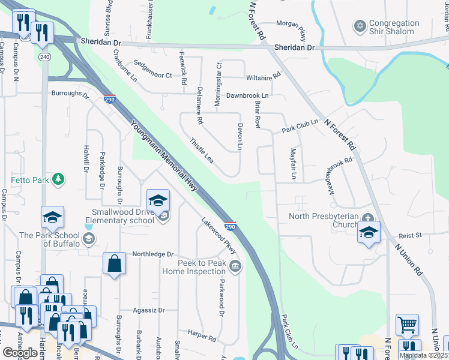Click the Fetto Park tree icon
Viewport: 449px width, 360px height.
coord(58,179)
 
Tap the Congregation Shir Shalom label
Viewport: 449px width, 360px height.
coord(394,27)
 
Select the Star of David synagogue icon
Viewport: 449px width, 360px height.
coord(360,26)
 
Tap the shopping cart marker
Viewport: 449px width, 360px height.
coord(408,325)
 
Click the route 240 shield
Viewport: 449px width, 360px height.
coord(44,56)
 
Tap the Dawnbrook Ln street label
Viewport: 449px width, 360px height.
coord(247,95)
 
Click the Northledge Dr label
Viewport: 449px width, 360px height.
coord(152,254)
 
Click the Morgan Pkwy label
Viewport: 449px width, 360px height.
coord(291,23)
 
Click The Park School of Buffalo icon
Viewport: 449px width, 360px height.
coord(89,239)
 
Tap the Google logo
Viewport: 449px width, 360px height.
coord(20,353)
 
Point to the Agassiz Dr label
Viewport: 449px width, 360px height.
coord(140,310)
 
